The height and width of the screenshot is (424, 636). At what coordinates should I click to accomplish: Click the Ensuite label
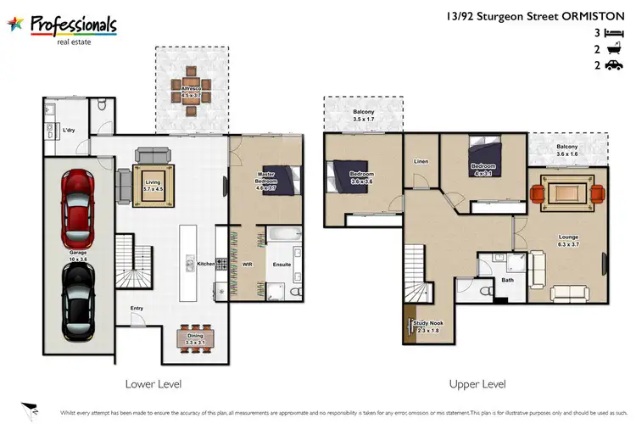click(x=282, y=264)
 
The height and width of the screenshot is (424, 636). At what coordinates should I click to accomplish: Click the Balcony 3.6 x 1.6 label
click(x=567, y=149)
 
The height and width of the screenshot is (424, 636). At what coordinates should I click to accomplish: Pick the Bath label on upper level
click(x=508, y=280)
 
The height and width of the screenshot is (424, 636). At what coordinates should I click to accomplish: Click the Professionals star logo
click(x=16, y=24)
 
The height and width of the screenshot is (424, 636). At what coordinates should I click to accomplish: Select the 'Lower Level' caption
click(x=153, y=383)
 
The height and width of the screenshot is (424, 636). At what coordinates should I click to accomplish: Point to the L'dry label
click(x=71, y=131)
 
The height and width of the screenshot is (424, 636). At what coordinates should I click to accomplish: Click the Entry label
click(x=137, y=309)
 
